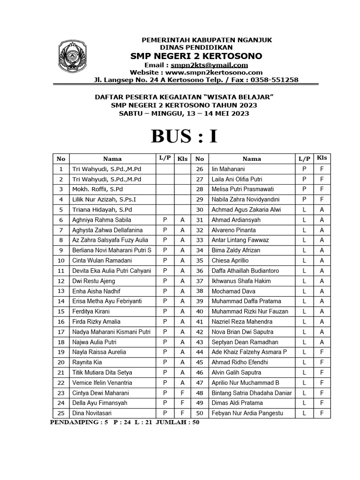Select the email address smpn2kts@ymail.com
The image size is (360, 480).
pos(209,65)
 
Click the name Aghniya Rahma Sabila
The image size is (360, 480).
pos(101,220)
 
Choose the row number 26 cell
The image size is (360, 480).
pos(200,169)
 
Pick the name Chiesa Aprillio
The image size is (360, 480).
pos(230,261)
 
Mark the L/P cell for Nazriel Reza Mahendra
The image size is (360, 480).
pos(304,322)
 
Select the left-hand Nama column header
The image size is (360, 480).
pos(112,159)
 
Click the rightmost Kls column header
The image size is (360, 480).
pos(322,158)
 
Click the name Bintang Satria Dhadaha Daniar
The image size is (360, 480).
pos(252,393)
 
